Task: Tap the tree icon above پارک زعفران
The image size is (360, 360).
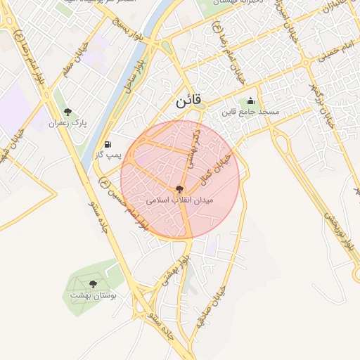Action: (x=67, y=112)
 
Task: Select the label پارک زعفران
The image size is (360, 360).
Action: (x=67, y=123)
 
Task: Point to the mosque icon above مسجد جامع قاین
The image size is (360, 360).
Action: (x=251, y=101)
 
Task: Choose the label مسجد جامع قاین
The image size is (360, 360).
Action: (x=251, y=112)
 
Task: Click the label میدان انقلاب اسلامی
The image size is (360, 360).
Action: (x=180, y=200)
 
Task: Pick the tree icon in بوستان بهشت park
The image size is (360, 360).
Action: (x=94, y=284)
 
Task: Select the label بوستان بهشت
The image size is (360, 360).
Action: (x=93, y=295)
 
